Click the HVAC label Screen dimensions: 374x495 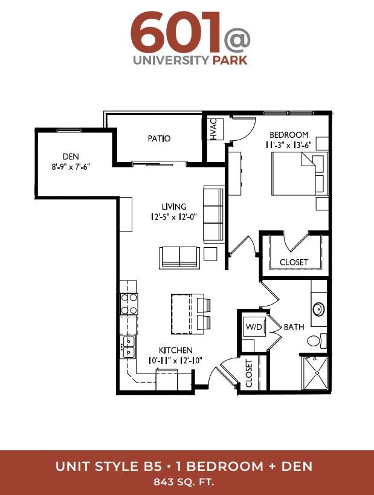(214, 129)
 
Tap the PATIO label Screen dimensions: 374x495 (159, 138)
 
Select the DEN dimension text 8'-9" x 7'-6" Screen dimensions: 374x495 (71, 167)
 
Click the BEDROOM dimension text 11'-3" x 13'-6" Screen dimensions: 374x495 (288, 145)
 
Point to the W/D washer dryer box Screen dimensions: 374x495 (254, 327)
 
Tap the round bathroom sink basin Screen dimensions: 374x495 (318, 309)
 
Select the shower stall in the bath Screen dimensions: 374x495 (315, 373)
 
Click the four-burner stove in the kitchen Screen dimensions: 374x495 (129, 304)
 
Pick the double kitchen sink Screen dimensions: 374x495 (129, 347)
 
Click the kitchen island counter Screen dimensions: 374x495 (182, 314)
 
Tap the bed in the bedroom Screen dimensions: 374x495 (300, 174)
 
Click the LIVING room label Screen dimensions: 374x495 (174, 207)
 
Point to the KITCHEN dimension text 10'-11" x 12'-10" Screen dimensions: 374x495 (175, 360)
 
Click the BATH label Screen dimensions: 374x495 (294, 327)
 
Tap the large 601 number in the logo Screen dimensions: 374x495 (175, 33)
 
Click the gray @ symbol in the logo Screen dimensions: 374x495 (236, 40)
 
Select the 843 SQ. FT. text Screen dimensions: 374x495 (184, 482)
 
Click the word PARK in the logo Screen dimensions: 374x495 (230, 60)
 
